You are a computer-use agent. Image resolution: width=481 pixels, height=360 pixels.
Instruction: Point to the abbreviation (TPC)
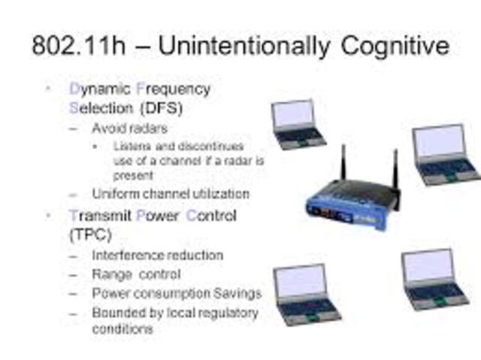coord(89,234)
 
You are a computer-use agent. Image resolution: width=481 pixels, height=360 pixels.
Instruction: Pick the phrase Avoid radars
coord(129,129)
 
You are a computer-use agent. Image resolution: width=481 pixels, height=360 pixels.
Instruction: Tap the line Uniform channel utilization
coord(170,194)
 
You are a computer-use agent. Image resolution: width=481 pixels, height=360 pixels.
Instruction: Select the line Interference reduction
coord(157,256)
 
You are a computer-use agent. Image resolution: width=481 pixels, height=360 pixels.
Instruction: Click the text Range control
coord(136,274)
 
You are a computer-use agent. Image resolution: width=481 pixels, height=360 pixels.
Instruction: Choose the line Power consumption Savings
coord(177,293)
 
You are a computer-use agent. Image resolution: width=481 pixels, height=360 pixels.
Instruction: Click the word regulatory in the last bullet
coord(225,312)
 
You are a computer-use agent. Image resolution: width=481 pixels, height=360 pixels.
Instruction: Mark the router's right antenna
coord(395,171)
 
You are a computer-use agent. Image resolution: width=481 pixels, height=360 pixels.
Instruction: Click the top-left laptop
coord(298,124)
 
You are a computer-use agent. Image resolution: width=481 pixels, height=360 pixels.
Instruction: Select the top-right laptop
coord(444,153)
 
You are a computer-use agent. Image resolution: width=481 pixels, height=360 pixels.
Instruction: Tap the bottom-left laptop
coord(305,294)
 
